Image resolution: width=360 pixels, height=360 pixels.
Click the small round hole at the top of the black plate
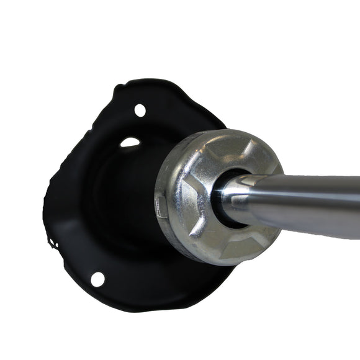(140, 110)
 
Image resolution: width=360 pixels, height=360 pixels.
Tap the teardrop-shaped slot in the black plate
(130, 143)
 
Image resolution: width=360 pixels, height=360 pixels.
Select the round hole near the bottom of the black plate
(97, 279)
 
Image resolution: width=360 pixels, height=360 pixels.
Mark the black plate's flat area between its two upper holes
(134, 127)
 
